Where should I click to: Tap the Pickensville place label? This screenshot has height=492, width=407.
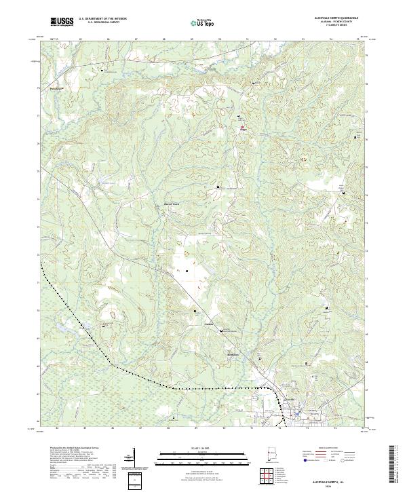coord(45,88)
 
